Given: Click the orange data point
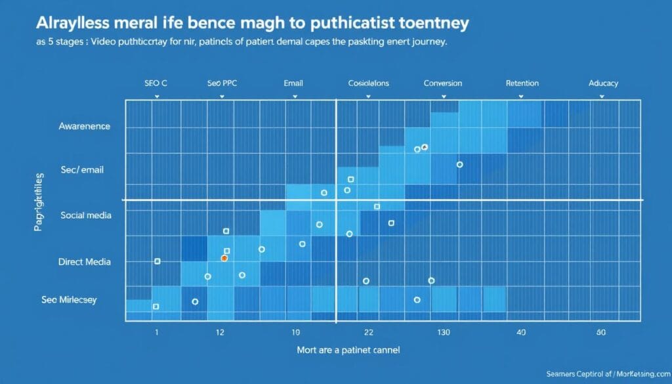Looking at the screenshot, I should [x=224, y=259].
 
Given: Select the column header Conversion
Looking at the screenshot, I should [x=442, y=83].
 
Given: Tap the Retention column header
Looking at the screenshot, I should [x=522, y=83].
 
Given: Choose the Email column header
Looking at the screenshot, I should [x=293, y=83].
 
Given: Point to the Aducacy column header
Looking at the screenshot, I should [x=603, y=84].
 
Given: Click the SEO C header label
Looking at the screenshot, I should [x=157, y=83].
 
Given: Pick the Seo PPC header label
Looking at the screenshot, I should [x=222, y=83].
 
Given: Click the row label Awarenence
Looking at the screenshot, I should [x=84, y=126].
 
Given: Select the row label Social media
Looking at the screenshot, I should [x=85, y=215].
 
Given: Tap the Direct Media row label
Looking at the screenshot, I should [x=84, y=262].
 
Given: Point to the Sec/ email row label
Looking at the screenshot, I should [x=82, y=170].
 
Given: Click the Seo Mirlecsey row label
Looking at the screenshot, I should [x=69, y=300].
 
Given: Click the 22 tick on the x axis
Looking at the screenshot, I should [x=368, y=333].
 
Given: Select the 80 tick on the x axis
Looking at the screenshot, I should [x=601, y=333].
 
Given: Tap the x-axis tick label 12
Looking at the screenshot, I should [x=220, y=333].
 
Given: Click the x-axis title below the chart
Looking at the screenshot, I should [x=348, y=350].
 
